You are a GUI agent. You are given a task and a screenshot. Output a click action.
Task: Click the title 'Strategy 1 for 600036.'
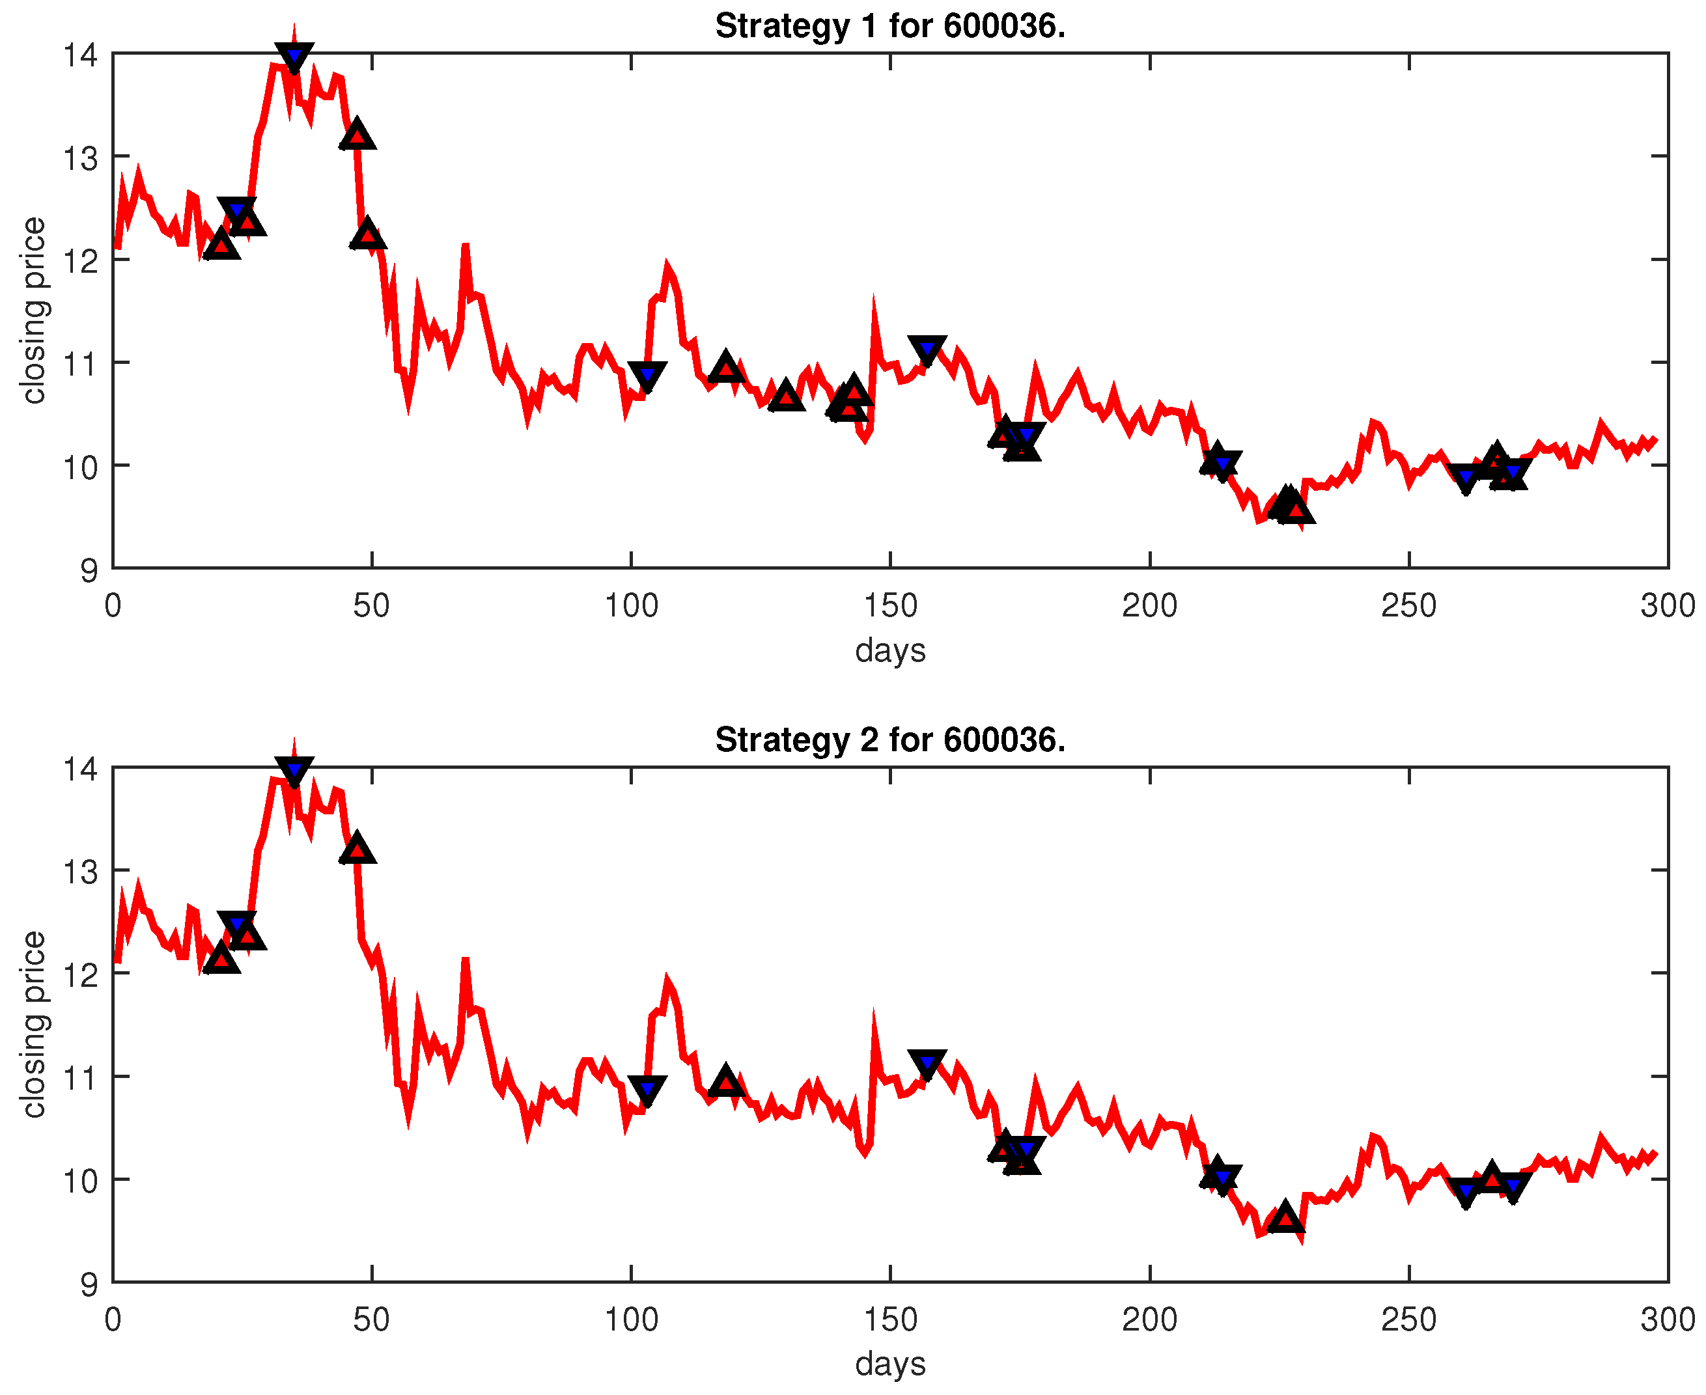889,27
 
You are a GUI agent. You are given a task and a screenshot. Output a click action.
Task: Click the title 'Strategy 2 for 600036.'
889,740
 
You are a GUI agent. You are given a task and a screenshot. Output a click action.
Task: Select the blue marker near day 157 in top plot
927,350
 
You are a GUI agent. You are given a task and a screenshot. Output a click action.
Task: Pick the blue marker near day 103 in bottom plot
647,1090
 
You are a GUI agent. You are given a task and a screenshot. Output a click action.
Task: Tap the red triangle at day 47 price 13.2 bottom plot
357,850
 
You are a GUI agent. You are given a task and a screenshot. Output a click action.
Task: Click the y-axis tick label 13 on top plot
80,158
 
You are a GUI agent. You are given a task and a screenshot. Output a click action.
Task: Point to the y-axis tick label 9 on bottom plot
89,1285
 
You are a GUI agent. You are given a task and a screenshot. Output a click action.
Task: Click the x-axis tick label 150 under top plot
889,606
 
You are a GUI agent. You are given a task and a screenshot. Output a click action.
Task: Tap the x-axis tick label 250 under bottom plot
1408,1319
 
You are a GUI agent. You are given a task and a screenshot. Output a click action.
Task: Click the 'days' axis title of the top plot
889,649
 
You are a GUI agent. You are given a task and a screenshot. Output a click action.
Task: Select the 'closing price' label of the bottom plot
34,1024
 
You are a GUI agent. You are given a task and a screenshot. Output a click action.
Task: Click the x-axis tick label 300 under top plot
1668,606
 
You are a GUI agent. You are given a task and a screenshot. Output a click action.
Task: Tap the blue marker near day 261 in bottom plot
1466,1192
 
